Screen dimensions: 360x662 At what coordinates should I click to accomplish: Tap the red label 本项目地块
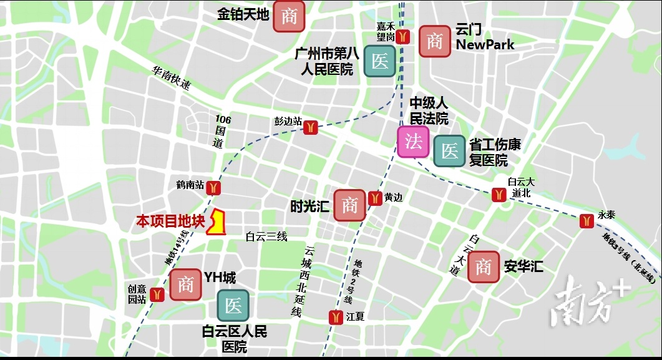coord(170,221)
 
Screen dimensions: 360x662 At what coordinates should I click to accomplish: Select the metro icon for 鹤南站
coord(214,187)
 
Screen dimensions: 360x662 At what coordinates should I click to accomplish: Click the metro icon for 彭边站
coord(311,127)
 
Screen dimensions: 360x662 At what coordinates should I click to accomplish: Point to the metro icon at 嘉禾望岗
coord(404,36)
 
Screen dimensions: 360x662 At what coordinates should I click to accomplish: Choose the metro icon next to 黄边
coord(374,198)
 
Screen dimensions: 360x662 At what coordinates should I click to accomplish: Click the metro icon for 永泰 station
coord(585,220)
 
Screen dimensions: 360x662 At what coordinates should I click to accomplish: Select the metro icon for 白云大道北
coord(498,194)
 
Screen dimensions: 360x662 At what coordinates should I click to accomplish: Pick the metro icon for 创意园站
coord(157,294)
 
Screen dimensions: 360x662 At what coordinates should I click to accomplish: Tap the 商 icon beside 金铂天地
coord(289,16)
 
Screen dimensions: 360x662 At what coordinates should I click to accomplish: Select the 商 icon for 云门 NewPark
coord(434,42)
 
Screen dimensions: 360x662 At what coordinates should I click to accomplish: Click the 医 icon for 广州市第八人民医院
coord(379,61)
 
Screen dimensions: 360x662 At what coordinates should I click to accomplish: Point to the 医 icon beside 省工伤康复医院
coord(449,151)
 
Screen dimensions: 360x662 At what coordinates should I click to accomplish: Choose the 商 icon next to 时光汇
coord(349,205)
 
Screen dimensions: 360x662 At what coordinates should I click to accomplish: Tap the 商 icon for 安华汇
coord(484,267)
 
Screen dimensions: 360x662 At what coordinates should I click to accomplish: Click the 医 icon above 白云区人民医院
coord(233,306)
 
